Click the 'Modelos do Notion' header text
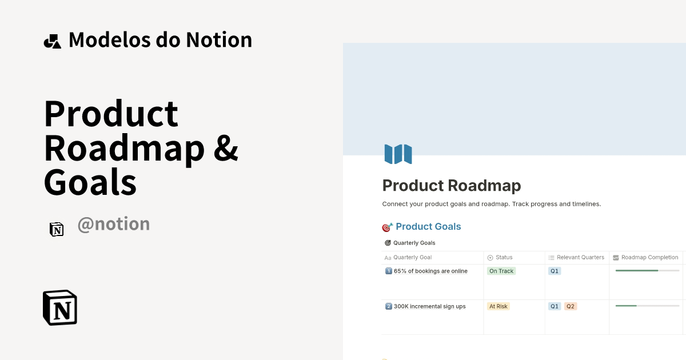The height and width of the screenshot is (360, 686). click(160, 40)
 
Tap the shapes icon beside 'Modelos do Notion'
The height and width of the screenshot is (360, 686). click(52, 41)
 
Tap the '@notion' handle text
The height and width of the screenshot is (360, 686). click(114, 224)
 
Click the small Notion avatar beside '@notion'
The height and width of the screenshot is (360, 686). click(57, 229)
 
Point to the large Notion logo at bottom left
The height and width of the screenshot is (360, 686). click(60, 308)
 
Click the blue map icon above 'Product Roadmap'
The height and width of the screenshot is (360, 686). click(398, 154)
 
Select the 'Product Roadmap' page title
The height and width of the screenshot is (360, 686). click(452, 186)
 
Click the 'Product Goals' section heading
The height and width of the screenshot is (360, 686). click(428, 227)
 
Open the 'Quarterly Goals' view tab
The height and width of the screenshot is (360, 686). click(414, 243)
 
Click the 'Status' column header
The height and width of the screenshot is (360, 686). click(504, 258)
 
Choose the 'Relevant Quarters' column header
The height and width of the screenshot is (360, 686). click(580, 258)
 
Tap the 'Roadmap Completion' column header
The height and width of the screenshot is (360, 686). click(649, 258)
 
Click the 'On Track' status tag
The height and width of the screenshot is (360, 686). click(501, 271)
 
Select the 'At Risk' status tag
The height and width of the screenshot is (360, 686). click(498, 306)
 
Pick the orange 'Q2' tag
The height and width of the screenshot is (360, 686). click(571, 306)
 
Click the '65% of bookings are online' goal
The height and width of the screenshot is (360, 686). click(430, 271)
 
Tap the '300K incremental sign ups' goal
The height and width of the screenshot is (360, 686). click(429, 306)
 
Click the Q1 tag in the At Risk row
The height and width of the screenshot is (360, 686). click(555, 306)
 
